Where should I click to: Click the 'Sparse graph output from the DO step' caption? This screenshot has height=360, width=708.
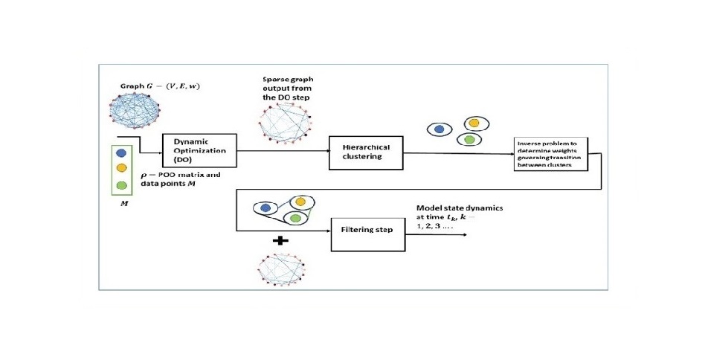(286, 89)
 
